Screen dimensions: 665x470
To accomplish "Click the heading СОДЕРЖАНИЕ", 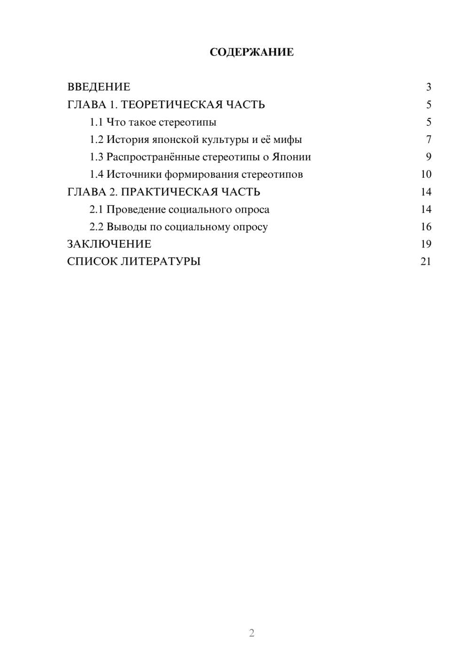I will [251, 52].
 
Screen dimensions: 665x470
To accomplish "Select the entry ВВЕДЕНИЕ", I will [99, 87].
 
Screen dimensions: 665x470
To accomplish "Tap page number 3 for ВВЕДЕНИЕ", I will [428, 87].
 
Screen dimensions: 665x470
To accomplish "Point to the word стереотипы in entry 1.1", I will [187, 122].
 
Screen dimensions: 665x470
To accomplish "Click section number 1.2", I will [96, 140].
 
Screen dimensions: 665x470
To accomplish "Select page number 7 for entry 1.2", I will [428, 140].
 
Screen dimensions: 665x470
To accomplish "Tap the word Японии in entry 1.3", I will [291, 157].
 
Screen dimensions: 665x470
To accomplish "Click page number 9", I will [428, 157].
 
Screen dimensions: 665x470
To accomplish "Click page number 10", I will [426, 174].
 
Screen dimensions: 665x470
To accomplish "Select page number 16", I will [426, 227].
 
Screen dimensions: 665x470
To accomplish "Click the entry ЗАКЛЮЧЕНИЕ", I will [109, 244].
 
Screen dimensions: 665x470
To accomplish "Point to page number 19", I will [426, 244].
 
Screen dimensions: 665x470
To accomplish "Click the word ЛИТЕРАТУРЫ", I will [161, 261].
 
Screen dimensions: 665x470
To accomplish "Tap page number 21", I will [426, 261].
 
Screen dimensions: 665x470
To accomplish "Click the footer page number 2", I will [251, 633].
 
